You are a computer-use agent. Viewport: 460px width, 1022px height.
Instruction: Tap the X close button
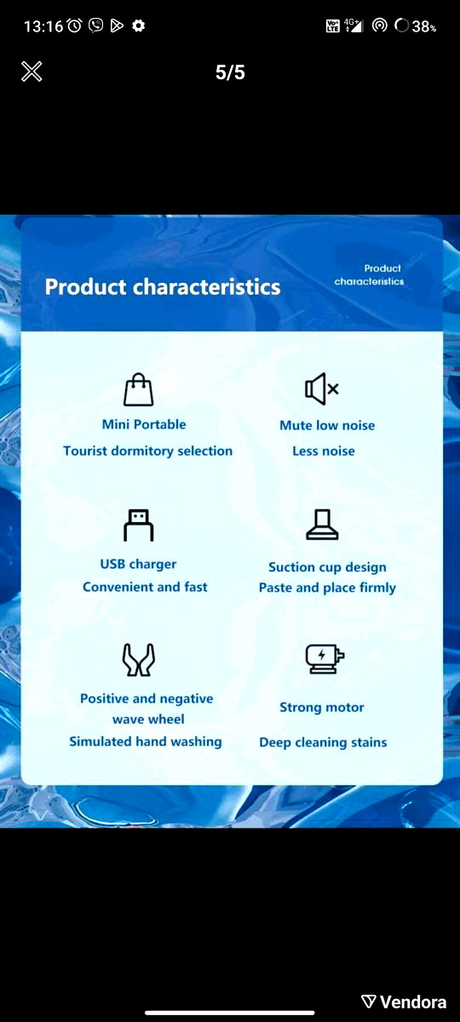pyautogui.click(x=32, y=72)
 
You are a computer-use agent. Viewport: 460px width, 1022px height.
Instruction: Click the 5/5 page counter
pyautogui.click(x=230, y=72)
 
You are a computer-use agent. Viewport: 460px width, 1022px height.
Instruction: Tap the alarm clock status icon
pyautogui.click(x=74, y=26)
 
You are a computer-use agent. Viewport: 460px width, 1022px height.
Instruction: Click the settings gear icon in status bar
pyautogui.click(x=138, y=26)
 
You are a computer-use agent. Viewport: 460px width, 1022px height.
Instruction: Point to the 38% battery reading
pyautogui.click(x=424, y=26)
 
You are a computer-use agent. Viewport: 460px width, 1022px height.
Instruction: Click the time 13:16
pyautogui.click(x=43, y=26)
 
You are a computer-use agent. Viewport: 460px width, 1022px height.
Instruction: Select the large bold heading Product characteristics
pyautogui.click(x=163, y=287)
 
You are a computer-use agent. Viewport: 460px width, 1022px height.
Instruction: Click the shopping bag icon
pyautogui.click(x=139, y=390)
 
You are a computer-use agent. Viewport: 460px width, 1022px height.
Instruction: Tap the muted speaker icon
pyautogui.click(x=322, y=389)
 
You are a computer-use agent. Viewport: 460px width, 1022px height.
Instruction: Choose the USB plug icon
pyautogui.click(x=139, y=525)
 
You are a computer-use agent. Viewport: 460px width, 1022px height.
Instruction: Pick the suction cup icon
pyautogui.click(x=322, y=525)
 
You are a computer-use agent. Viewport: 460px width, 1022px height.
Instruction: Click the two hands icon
pyautogui.click(x=139, y=659)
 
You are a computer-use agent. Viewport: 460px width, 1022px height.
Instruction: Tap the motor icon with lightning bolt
pyautogui.click(x=325, y=659)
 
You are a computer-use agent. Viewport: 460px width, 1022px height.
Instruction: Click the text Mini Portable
pyautogui.click(x=144, y=425)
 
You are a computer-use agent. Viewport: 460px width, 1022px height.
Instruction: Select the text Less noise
pyautogui.click(x=324, y=451)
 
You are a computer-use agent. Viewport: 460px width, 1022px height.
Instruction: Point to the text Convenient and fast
pyautogui.click(x=145, y=587)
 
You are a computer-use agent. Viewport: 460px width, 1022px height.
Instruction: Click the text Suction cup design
pyautogui.click(x=327, y=567)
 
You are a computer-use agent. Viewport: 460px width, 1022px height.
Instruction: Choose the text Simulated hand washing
pyautogui.click(x=146, y=742)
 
